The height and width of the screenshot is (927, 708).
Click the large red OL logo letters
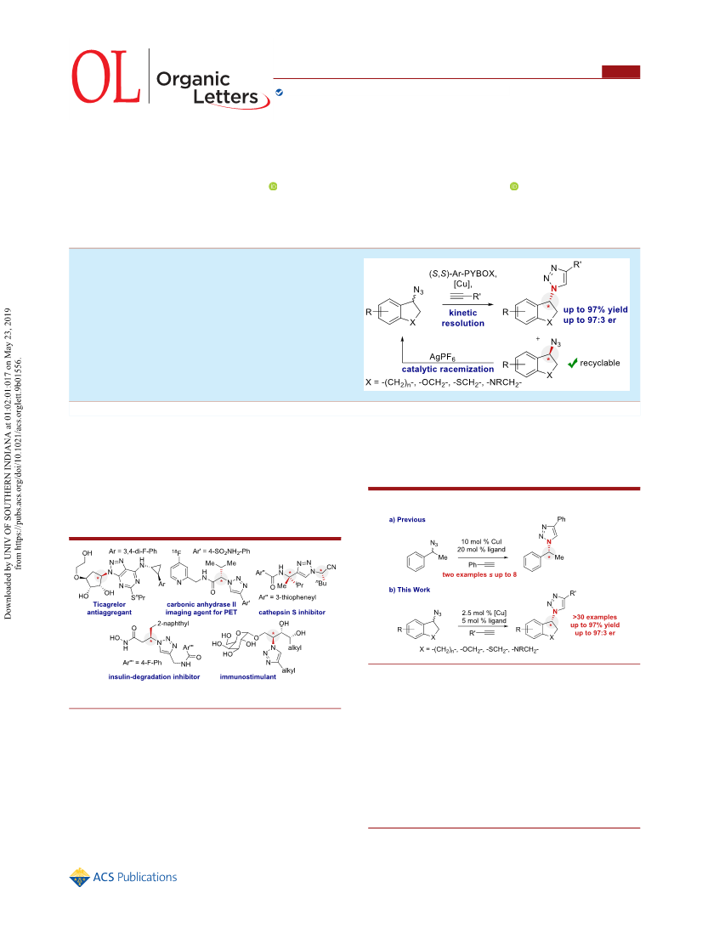click(106, 76)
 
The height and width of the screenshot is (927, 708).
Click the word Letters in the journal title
click(226, 96)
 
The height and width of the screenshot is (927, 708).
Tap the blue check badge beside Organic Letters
click(279, 93)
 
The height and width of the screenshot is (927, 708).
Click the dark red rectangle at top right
click(620, 71)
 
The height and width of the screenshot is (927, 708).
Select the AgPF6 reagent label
click(443, 357)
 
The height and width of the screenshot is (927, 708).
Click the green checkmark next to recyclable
click(572, 363)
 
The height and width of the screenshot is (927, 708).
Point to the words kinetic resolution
click(462, 318)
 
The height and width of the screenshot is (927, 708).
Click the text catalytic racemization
click(448, 369)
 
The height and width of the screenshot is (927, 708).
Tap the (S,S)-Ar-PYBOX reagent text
click(462, 274)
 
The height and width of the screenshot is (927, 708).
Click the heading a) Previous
click(407, 520)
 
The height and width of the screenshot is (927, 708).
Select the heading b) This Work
click(410, 590)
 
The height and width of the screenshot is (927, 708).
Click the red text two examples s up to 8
click(479, 574)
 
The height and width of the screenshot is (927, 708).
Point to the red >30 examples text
click(594, 617)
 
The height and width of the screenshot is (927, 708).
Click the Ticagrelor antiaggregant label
click(110, 608)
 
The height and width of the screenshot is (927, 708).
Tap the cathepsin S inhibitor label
click(292, 613)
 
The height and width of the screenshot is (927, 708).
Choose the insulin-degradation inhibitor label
click(154, 677)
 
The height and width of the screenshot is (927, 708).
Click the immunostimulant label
click(248, 677)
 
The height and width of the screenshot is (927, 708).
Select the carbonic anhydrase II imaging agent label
click(201, 608)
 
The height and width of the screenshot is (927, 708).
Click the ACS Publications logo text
click(135, 877)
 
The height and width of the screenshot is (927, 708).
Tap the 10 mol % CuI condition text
click(481, 541)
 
